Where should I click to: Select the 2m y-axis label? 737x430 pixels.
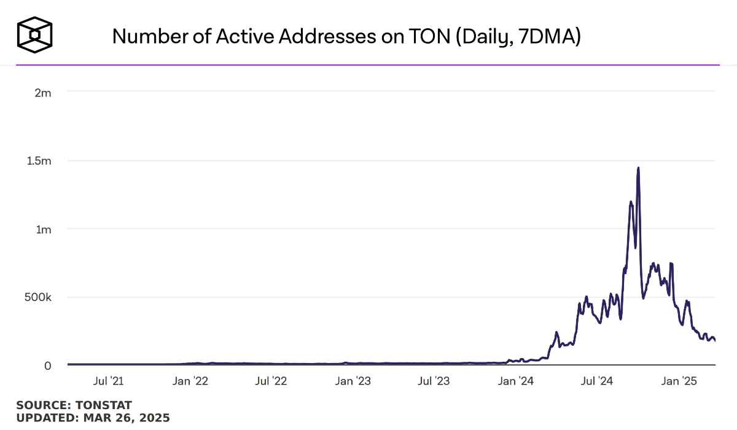42,93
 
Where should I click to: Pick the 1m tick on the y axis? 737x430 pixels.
43,229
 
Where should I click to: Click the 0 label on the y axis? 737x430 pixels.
47,365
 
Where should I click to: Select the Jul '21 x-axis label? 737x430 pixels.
108,381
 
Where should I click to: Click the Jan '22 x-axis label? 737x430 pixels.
190,381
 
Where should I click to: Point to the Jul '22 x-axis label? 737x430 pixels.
271,381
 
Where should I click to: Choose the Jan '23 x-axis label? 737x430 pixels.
353,381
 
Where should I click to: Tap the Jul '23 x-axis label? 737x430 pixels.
434,381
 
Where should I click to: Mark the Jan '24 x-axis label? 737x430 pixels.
516,381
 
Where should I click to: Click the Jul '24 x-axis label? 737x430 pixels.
596,381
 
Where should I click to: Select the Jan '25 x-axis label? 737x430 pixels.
679,381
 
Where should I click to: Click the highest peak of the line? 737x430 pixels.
639,168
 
